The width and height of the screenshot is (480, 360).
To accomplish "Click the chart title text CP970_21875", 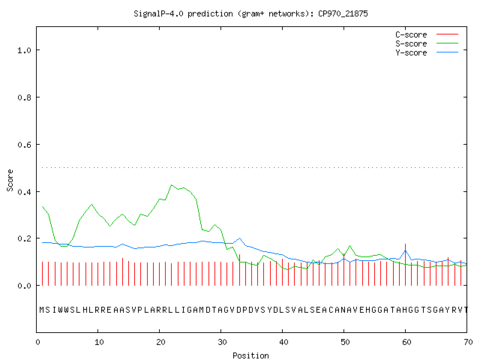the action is click(x=343, y=13).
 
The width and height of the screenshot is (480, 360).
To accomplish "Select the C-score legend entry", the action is click(x=427, y=34).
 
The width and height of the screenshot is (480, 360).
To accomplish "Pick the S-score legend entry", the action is click(x=427, y=43).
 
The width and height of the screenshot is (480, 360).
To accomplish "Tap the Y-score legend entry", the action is click(x=427, y=52).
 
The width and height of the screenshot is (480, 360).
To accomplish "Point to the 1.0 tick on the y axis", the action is click(x=24, y=50).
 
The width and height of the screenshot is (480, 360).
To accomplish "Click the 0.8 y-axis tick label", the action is click(x=24, y=97).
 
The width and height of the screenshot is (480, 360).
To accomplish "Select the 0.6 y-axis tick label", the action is click(x=24, y=145).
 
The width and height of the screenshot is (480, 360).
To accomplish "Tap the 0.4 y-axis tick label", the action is click(x=24, y=192).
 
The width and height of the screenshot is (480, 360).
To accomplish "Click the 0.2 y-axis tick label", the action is click(x=24, y=238).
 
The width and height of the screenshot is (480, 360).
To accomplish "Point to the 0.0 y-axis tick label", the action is click(x=24, y=286).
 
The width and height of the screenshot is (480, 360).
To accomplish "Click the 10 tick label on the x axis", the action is click(x=99, y=342).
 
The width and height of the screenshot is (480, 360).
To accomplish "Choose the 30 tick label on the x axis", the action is click(x=222, y=342).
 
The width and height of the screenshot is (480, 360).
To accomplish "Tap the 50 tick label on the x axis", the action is click(x=345, y=342).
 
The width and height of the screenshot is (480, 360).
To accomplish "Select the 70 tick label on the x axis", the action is click(x=468, y=342).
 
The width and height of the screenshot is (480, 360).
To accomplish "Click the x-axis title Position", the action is click(x=250, y=355).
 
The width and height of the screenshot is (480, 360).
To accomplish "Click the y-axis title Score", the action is click(x=10, y=180).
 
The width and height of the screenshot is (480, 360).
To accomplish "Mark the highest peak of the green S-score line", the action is click(x=172, y=185).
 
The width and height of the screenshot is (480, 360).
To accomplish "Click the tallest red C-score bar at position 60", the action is click(x=405, y=265).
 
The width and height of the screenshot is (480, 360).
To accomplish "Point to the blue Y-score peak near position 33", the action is click(x=240, y=238).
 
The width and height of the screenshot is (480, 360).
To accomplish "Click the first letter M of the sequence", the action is click(x=42, y=310).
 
